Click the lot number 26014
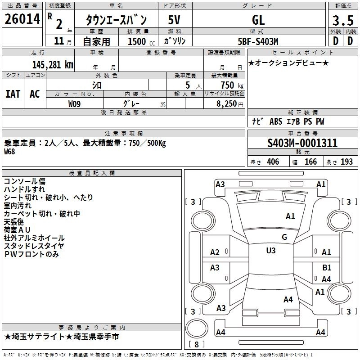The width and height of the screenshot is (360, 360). [x=22, y=19]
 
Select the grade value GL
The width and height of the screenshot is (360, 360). [x=258, y=20]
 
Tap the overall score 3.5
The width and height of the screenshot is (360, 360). [x=343, y=20]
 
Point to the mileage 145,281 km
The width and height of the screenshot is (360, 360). [x=53, y=65]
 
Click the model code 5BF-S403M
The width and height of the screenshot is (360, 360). [x=258, y=41]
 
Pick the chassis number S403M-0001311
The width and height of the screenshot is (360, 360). [x=302, y=143]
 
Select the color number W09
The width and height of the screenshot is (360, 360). [x=74, y=104]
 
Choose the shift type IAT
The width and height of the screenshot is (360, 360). [x=13, y=94]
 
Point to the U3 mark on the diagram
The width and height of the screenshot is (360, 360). [x=271, y=250]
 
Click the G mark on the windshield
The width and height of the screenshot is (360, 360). [x=284, y=237]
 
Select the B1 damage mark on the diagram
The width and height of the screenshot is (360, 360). [x=327, y=267]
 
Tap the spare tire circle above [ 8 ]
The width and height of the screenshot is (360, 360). [x=197, y=328]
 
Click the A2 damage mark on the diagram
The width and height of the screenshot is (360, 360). [x=215, y=252]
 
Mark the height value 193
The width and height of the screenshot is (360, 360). [x=346, y=162]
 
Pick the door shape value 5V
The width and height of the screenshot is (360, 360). [x=174, y=20]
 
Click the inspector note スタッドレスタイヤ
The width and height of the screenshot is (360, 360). [x=34, y=246]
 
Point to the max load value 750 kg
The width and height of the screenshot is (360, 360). [x=232, y=85]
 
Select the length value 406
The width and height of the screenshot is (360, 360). [x=273, y=162]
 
